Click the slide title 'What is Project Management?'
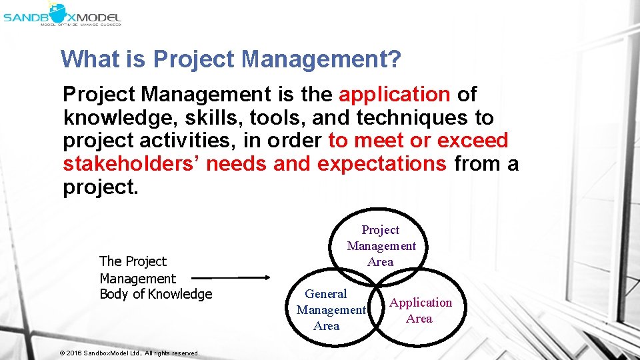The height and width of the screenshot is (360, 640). [x=231, y=59]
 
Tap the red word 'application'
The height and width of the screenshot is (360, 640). [x=395, y=95]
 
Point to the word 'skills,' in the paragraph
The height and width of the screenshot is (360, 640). [x=209, y=118]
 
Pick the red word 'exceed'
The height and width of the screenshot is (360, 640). [x=473, y=141]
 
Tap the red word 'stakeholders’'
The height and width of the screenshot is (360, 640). [x=131, y=164]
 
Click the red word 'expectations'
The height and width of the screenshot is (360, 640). [x=382, y=164]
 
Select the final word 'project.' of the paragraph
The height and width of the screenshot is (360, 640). [x=101, y=187]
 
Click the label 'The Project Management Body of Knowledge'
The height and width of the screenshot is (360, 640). [x=155, y=278]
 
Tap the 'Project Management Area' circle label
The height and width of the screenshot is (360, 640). [x=381, y=246]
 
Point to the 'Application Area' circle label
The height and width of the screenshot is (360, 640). [x=420, y=310]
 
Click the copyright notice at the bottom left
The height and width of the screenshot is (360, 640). [x=129, y=353]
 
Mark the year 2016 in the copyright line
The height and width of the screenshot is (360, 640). [x=73, y=353]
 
